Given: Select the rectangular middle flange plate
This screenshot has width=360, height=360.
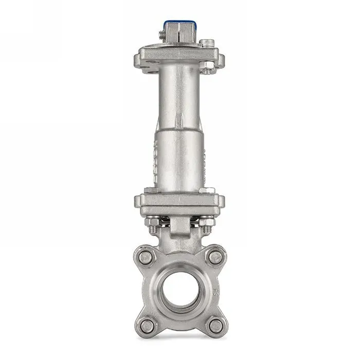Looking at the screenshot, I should (x=180, y=201).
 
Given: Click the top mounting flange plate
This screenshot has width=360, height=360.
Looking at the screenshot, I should (x=180, y=55).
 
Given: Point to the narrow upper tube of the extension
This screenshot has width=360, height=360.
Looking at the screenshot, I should (x=180, y=98).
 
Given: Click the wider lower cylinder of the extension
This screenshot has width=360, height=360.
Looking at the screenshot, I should (x=180, y=159).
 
